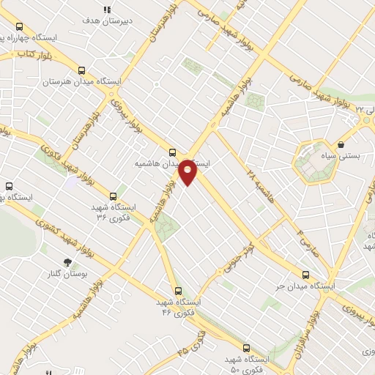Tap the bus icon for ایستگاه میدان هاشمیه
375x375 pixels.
click(172, 152)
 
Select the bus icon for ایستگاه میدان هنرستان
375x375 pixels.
click(81, 72)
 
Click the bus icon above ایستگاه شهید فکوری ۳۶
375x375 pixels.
click(113, 196)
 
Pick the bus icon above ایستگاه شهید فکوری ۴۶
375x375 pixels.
click(178, 291)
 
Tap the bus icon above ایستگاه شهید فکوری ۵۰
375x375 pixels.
click(245, 349)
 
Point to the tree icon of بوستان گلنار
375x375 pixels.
click(68, 261)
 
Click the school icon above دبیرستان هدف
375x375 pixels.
click(106, 10)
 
